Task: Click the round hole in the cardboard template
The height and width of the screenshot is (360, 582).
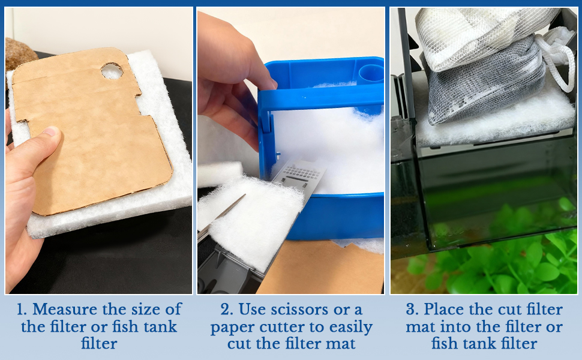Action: click(x=111, y=72)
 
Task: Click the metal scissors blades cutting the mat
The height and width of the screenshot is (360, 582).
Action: click(x=223, y=214)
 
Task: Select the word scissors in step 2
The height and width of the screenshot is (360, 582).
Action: click(x=298, y=310)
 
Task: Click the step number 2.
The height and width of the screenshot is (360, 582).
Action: click(x=226, y=310)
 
